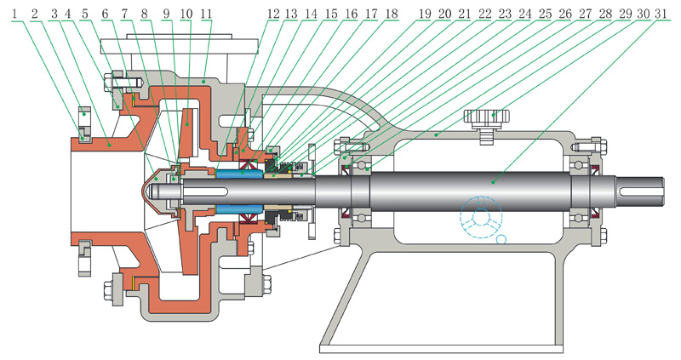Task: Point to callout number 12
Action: coord(274,14)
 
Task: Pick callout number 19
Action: coord(426,14)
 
